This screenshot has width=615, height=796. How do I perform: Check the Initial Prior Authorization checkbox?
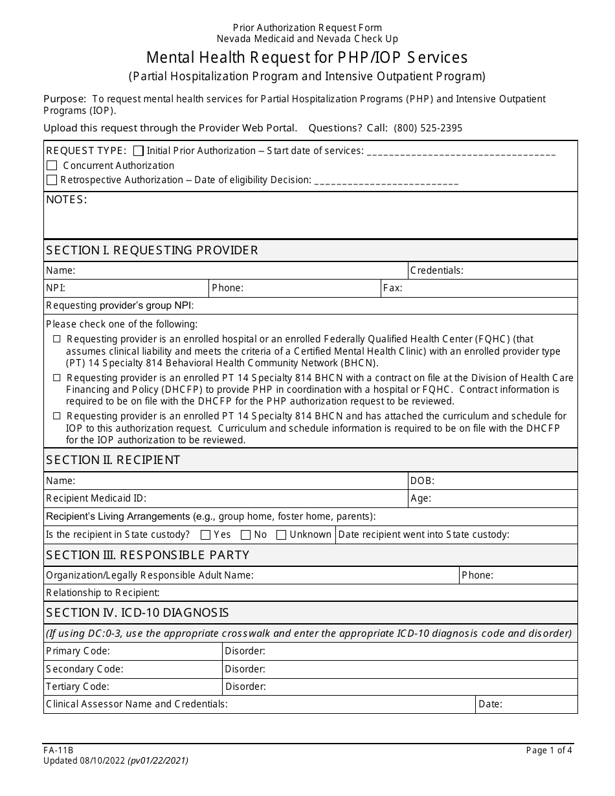(x=138, y=151)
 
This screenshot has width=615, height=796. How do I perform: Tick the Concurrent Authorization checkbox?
(x=52, y=166)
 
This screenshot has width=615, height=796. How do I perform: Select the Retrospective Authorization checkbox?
(x=52, y=180)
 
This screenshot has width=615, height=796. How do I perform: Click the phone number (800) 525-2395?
(x=428, y=128)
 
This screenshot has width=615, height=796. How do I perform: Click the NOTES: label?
(x=66, y=200)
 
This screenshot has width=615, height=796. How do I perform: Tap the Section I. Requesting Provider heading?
(x=152, y=250)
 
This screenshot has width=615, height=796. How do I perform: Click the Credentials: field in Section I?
(x=493, y=271)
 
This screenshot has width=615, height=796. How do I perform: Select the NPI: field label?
(x=56, y=288)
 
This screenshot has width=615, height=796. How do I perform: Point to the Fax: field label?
(x=393, y=288)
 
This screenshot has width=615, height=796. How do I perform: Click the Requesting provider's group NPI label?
(x=120, y=305)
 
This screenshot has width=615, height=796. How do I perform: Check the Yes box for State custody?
(x=206, y=535)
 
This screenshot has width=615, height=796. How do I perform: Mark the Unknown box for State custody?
(x=281, y=535)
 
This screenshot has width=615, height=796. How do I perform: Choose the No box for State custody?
(x=246, y=535)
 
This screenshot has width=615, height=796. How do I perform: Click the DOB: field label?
(x=422, y=481)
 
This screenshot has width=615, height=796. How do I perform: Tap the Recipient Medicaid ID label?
(x=96, y=498)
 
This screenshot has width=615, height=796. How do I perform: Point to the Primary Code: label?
(x=78, y=651)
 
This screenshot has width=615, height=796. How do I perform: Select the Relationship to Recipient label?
(x=103, y=593)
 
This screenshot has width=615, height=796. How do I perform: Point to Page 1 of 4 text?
(x=549, y=751)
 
